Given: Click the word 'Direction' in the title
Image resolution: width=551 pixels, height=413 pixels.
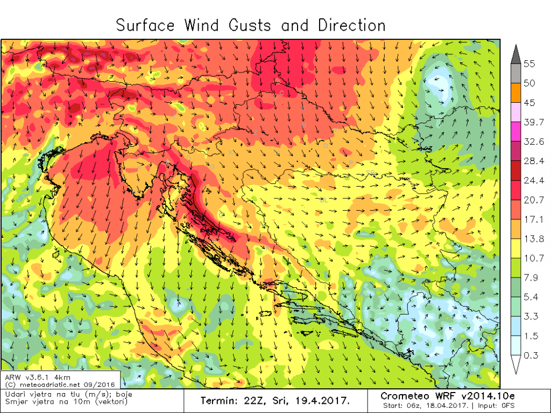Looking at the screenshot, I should pos(351,25).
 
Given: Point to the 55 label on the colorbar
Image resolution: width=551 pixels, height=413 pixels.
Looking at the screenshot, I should pos(529,64).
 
